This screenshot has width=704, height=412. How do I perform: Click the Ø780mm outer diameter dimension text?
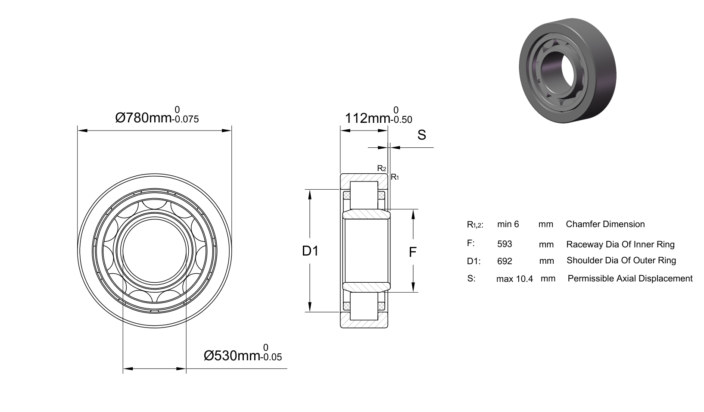pyautogui.click(x=143, y=118)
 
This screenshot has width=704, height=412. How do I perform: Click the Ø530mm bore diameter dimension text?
pyautogui.click(x=232, y=356)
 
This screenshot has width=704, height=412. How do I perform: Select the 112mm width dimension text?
pyautogui.click(x=368, y=118)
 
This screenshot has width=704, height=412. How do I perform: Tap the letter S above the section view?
pyautogui.click(x=421, y=135)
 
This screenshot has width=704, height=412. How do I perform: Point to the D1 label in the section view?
pyautogui.click(x=310, y=251)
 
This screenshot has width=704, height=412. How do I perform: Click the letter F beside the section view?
pyautogui.click(x=413, y=252)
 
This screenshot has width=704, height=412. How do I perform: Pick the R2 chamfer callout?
pyautogui.click(x=382, y=169)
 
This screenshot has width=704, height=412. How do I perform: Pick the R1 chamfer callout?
pyautogui.click(x=395, y=177)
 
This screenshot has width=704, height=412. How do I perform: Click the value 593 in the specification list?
pyautogui.click(x=505, y=244)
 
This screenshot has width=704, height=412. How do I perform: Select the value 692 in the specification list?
pyautogui.click(x=505, y=261)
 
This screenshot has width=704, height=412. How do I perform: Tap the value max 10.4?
pyautogui.click(x=514, y=279)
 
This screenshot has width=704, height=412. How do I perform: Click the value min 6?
pyautogui.click(x=508, y=224)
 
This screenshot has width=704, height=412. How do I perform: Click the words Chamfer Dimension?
pyautogui.click(x=605, y=224)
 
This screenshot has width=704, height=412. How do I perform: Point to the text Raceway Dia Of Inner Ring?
pyautogui.click(x=620, y=244)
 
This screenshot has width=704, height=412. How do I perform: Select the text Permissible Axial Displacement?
pyautogui.click(x=630, y=278)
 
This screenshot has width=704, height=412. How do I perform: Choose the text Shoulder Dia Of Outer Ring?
pyautogui.click(x=621, y=260)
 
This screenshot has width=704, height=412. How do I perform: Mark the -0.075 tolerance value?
pyautogui.click(x=185, y=119)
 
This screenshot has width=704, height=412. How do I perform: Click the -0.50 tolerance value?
pyautogui.click(x=401, y=120)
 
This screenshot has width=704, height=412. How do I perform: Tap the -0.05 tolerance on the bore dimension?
pyautogui.click(x=271, y=357)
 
